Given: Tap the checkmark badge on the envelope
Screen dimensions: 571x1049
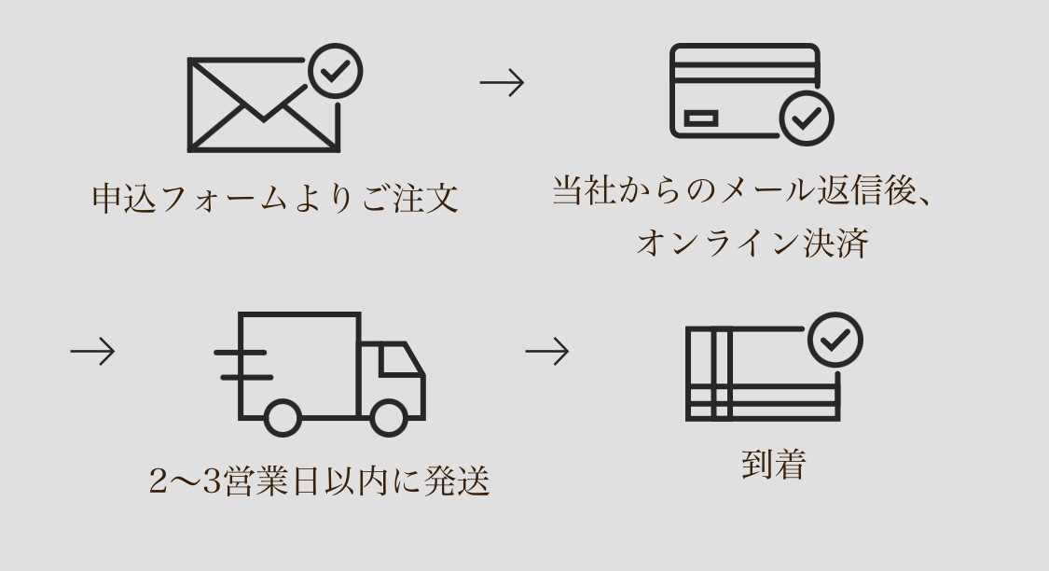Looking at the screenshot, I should (x=335, y=71).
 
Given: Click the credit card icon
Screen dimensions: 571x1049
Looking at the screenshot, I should (x=744, y=91).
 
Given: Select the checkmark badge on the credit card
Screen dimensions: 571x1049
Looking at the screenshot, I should (x=806, y=118).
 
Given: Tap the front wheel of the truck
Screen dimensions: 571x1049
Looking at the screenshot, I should (x=389, y=417).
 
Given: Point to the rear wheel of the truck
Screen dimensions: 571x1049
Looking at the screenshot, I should (x=283, y=417).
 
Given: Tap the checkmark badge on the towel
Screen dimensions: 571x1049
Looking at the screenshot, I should (x=835, y=340).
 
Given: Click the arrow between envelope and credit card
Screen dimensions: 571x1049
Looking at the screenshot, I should (x=502, y=83).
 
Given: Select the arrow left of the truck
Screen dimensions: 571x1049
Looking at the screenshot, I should (x=92, y=352).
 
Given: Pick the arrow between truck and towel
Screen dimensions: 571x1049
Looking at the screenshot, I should (x=547, y=352).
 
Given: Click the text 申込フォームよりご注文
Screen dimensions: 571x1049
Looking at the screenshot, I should (x=276, y=199).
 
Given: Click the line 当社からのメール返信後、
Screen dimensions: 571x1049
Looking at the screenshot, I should (x=743, y=191).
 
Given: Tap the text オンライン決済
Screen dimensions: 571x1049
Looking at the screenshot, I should (x=752, y=244).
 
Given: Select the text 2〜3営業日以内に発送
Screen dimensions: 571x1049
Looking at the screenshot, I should (x=320, y=481).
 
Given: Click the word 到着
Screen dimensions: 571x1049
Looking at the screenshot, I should (x=773, y=464).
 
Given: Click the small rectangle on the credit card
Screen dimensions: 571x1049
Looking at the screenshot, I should (x=701, y=118).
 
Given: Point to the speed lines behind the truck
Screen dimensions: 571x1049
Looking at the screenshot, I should (x=242, y=365).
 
